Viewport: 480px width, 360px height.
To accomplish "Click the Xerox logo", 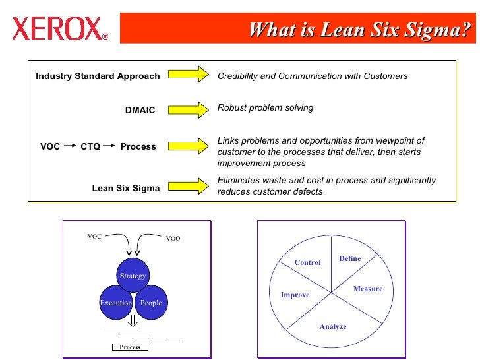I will [x=59, y=28].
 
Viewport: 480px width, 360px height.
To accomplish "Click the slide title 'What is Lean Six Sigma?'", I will [x=361, y=30].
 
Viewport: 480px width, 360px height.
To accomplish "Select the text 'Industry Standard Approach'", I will [x=98, y=76].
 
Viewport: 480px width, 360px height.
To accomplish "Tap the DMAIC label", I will [x=140, y=110].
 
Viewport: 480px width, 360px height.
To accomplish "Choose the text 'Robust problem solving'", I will [x=265, y=107].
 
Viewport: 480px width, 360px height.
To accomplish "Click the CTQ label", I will [x=90, y=146].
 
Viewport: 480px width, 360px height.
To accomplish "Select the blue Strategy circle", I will [x=133, y=276].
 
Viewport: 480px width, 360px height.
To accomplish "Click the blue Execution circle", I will [x=115, y=303].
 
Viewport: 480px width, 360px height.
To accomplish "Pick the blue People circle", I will [x=151, y=303].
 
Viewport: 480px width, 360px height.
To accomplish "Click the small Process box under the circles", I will [x=130, y=347].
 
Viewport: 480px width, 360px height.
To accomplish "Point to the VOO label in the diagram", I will [x=173, y=239].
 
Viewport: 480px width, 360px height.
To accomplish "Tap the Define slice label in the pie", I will [x=349, y=258].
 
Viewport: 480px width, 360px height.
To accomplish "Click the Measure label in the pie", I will [x=367, y=289].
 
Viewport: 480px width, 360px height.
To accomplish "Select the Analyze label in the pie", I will [x=332, y=326].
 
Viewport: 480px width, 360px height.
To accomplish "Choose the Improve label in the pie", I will [x=295, y=295].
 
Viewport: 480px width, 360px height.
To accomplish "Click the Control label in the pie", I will [x=307, y=262].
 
